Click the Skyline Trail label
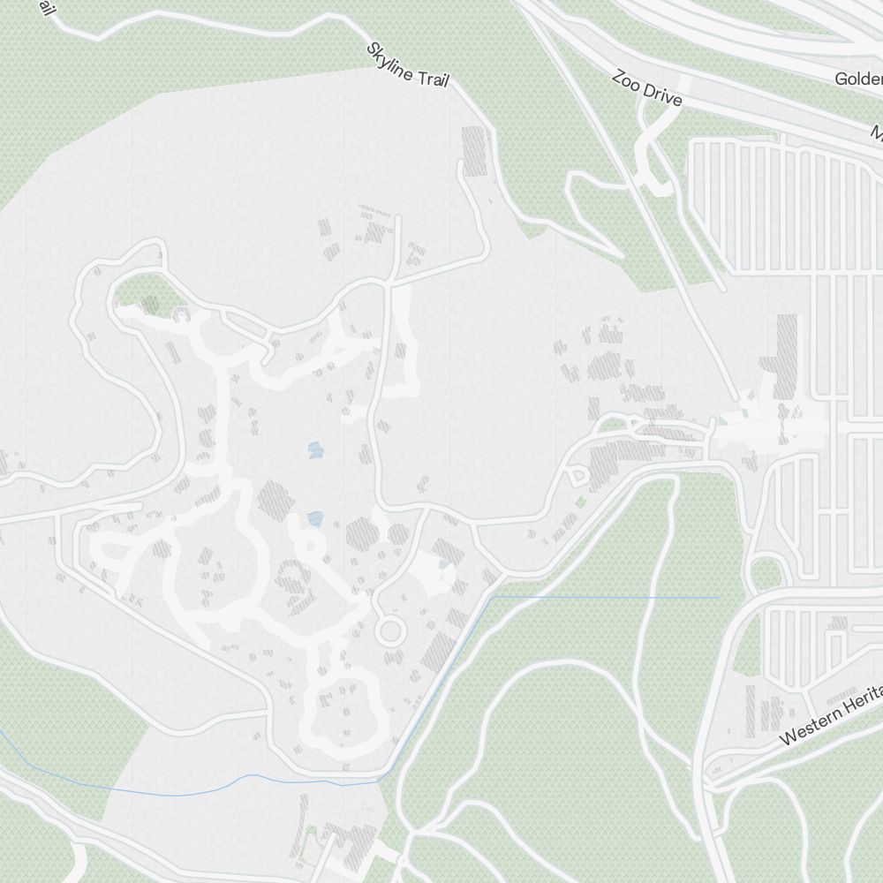click(408, 64)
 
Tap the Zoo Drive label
click(647, 89)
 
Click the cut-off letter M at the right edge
click(877, 133)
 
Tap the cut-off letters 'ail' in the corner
click(44, 8)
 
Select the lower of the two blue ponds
click(314, 519)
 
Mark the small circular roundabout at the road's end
click(389, 631)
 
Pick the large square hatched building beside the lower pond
click(275, 500)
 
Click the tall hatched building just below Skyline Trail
click(475, 150)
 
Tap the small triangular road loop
click(578, 477)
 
